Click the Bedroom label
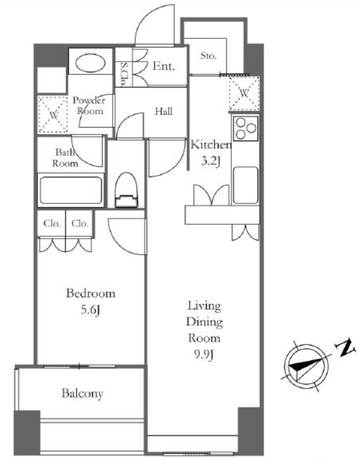(x=91, y=293)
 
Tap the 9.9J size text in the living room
(x=204, y=355)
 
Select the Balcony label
(x=83, y=394)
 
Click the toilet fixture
(x=126, y=190)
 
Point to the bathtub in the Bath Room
(x=71, y=190)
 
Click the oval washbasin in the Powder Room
(x=91, y=62)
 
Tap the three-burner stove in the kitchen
(x=246, y=128)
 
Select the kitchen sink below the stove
(x=246, y=185)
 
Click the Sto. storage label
(x=208, y=55)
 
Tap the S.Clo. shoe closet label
(x=124, y=75)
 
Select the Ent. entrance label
(x=163, y=66)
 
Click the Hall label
(x=163, y=111)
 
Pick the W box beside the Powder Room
(x=54, y=115)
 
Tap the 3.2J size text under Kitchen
(x=211, y=162)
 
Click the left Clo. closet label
(x=52, y=224)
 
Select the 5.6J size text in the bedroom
(x=91, y=310)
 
